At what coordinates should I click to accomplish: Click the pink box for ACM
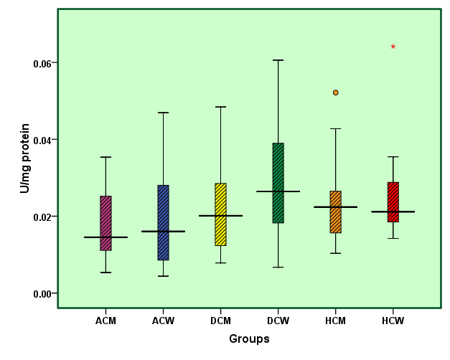(106, 223)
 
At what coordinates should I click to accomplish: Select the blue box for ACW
(163, 222)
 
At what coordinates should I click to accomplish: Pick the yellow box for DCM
(220, 214)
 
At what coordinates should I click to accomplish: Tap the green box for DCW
(278, 183)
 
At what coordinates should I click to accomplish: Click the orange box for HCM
(335, 212)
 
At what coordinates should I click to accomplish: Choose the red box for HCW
(393, 202)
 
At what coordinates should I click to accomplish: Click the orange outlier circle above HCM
(335, 93)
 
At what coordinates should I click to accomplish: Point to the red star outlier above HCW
(393, 47)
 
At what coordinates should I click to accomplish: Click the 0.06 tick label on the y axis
(42, 63)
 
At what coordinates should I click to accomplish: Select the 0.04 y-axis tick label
(42, 140)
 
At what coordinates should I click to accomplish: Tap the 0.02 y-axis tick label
(42, 217)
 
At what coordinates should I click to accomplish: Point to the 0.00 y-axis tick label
(42, 293)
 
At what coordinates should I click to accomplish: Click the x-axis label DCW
(278, 321)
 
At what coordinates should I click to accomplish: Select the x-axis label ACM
(106, 321)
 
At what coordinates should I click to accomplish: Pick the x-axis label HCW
(393, 321)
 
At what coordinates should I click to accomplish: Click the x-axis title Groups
(249, 338)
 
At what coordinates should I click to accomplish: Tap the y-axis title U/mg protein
(25, 158)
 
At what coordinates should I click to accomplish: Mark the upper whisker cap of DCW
(278, 60)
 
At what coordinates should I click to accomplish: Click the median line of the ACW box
(163, 232)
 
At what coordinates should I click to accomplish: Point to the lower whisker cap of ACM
(106, 273)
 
